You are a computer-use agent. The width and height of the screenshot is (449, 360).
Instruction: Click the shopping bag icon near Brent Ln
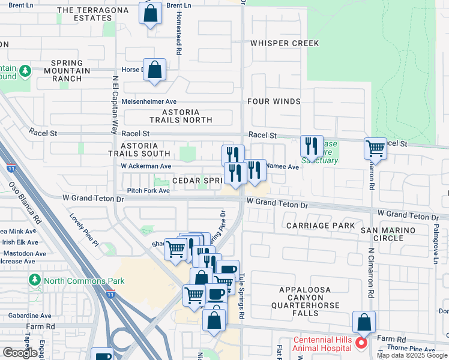pos(150,13)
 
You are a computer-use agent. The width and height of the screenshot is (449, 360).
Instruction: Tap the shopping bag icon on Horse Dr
pos(154,70)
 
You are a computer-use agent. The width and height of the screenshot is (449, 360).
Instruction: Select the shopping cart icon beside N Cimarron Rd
pos(375,148)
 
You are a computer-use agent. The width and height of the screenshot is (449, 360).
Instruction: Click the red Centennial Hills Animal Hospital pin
pos(361,343)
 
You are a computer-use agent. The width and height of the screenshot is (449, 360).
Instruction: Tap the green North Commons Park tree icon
pos(35,280)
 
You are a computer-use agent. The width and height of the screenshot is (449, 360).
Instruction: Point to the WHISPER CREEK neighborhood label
pos(285,43)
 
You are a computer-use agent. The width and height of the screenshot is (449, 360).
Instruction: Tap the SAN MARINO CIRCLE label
pos(388,234)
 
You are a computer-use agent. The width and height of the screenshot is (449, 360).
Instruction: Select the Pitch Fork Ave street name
pos(148,190)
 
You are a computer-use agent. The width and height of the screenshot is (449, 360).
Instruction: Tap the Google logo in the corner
pos(20,353)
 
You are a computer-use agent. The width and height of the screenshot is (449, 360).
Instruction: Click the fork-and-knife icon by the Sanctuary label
pos(311,145)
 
